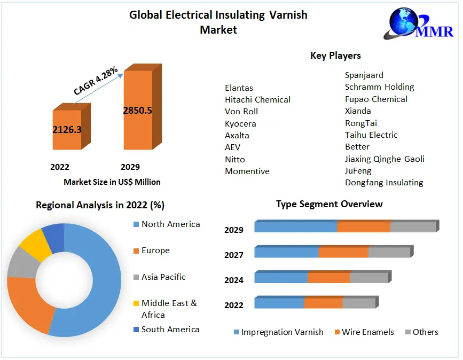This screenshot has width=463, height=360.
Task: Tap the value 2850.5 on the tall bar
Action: [137, 111]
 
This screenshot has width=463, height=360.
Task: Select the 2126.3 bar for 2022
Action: [67, 130]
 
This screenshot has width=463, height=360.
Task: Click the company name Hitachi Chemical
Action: [257, 100]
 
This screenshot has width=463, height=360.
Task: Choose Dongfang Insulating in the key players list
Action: [383, 183]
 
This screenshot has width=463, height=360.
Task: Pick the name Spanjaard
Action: [364, 75]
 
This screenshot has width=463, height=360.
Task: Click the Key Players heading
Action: [335, 56]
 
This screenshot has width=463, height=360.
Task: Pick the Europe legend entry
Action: [155, 251]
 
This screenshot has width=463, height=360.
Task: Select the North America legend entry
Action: [170, 224]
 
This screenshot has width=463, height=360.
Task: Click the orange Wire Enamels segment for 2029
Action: [364, 226]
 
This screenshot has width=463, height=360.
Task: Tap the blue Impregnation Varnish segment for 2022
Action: [279, 303]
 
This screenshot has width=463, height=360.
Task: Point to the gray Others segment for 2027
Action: [389, 252]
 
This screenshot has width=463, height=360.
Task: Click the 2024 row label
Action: [234, 280]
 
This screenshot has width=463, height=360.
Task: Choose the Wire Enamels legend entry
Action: [367, 332]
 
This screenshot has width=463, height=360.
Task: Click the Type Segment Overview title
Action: [329, 204]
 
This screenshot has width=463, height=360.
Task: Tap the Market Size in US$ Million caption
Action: [112, 182]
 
